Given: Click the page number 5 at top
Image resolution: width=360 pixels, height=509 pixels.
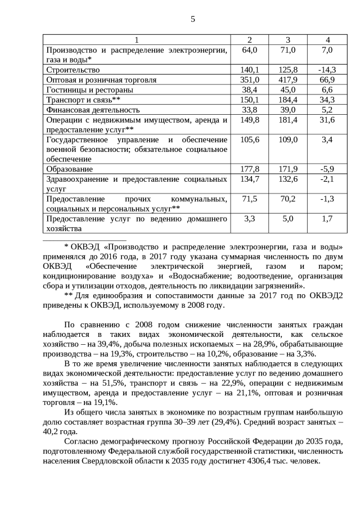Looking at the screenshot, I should click(193, 19).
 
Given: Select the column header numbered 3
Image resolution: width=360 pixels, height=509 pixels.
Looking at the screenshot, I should click(287, 40).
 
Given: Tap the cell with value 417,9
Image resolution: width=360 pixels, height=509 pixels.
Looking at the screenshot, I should click(287, 80).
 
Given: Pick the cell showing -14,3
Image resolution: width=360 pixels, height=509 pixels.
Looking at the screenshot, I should click(327, 70).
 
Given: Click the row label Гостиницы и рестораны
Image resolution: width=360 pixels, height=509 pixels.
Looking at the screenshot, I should click(89, 90).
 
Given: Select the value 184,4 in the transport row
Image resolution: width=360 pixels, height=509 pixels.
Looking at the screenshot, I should click(287, 100).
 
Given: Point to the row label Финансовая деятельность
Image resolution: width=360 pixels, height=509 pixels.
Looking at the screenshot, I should click(92, 110).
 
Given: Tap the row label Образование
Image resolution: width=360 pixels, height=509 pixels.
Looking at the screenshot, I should click(69, 169).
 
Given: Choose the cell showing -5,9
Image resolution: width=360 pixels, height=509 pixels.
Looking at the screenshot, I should click(327, 169).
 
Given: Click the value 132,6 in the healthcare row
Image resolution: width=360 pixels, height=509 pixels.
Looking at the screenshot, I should click(287, 179).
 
